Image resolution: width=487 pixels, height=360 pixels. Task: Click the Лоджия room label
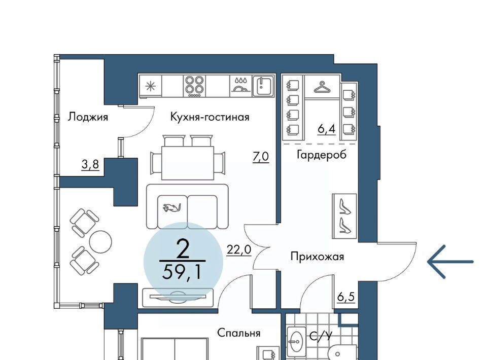coord(88,117)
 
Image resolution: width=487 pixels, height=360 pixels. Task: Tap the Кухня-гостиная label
coord(210,117)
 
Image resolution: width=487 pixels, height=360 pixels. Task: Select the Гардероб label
coord(322,154)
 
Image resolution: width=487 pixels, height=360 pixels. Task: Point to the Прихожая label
coord(317,257)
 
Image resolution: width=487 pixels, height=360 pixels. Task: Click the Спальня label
coord(238,333)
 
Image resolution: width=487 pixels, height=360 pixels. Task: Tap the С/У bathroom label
coord(321,336)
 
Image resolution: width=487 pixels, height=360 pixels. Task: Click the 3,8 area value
coord(90,164)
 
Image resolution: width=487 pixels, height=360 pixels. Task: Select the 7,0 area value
coord(261,157)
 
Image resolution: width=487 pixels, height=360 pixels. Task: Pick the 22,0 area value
coord(239,249)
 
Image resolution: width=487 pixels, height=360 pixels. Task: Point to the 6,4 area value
coord(326,128)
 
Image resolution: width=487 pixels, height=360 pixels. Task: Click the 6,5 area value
coord(345,297)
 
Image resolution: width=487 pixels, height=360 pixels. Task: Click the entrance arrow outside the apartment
coord(450,262)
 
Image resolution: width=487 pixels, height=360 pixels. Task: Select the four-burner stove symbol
coord(194,85)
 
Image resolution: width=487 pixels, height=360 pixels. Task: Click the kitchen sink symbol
coord(264,86)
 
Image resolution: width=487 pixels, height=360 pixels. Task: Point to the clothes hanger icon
coord(322,87)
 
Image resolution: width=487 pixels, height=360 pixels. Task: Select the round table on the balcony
coord(100,241)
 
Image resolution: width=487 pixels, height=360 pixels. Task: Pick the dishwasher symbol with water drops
coord(241,85)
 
